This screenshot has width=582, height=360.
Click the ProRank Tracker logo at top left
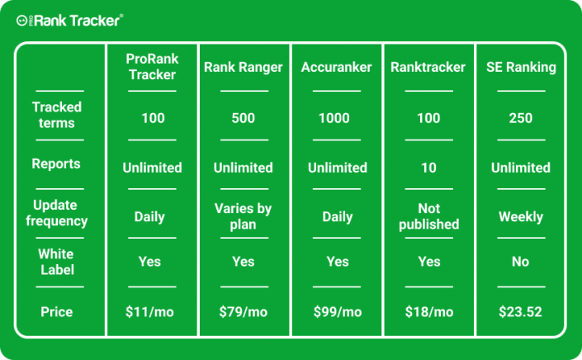point(70,21)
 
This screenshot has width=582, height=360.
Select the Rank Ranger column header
point(243,68)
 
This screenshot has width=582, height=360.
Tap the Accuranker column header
point(334,68)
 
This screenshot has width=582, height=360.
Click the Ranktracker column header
point(428,68)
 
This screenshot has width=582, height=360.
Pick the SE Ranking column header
point(520,68)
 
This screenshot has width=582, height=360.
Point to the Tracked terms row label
point(57,115)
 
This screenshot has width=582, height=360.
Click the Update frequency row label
point(57,213)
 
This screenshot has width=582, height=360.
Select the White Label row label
point(57,262)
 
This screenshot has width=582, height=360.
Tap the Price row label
point(57,312)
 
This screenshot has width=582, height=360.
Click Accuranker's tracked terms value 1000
point(334,118)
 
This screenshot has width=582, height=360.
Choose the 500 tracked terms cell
point(243,118)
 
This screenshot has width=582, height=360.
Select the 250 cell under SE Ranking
point(520,118)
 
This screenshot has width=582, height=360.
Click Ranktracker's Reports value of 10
point(428,168)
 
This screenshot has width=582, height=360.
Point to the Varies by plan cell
point(243,216)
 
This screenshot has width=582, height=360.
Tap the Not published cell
point(428,216)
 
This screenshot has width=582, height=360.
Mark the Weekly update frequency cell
point(520,217)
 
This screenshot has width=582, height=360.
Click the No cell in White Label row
point(520,262)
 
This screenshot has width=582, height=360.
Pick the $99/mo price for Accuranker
point(337,312)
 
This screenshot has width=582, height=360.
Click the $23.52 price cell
point(520,312)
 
